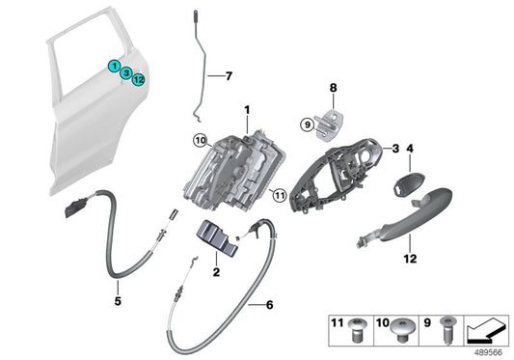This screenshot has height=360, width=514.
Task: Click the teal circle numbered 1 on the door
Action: (x=115, y=67)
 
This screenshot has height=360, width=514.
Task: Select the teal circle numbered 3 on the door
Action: (x=126, y=73)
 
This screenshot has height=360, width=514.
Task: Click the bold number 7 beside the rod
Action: (x=229, y=75)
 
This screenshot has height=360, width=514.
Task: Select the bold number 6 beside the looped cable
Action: (x=269, y=306)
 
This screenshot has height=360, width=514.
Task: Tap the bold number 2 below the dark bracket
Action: (x=216, y=273)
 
